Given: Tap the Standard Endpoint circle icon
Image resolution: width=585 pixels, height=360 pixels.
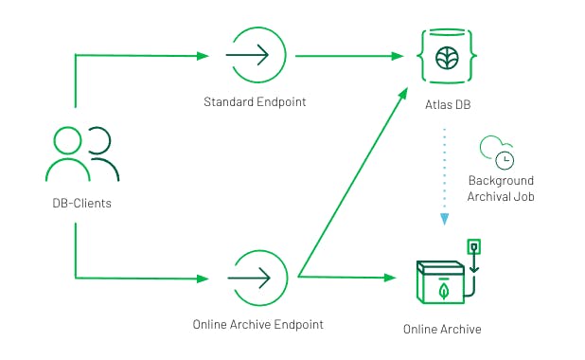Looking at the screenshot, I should (251, 56).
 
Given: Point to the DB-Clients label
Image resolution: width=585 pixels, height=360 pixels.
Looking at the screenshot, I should (81, 202).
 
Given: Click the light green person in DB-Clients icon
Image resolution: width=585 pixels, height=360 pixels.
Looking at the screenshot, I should (67, 157).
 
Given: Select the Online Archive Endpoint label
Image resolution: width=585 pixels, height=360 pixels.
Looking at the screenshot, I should (257, 324).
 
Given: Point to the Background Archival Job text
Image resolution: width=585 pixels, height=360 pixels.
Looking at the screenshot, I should (501, 189).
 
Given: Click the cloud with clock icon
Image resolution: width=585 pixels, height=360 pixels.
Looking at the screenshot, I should (497, 152).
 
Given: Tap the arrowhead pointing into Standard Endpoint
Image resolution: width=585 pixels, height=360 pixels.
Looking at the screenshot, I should (203, 56).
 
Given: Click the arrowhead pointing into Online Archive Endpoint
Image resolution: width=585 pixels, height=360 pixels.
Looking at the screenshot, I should (203, 279).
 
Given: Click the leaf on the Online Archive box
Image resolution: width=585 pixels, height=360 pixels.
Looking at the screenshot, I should (441, 289).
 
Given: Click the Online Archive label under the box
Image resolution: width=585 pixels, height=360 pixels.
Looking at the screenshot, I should (442, 330).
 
